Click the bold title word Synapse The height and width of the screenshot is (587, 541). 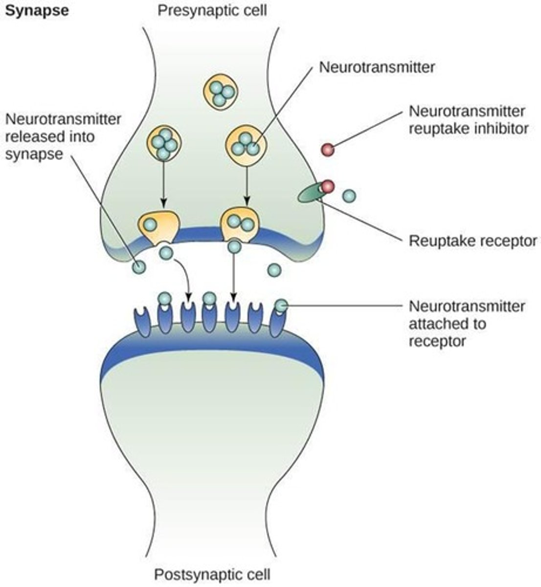[x=36, y=11]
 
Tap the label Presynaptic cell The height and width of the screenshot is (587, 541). [x=212, y=10]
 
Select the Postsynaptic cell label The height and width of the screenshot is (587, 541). [x=212, y=574]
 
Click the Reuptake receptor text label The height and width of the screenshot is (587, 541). [x=473, y=241]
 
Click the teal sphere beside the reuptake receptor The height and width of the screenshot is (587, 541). [x=349, y=196]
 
